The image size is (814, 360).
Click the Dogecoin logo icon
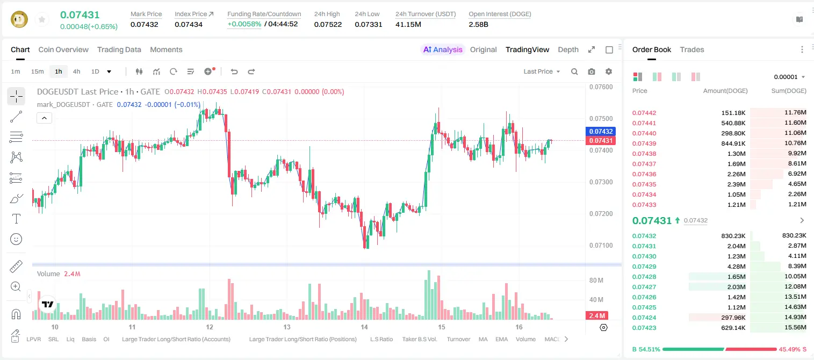click(x=19, y=19)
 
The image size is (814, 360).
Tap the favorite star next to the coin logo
click(x=42, y=20)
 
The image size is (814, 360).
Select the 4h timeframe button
click(x=76, y=71)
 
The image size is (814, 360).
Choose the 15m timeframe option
click(x=38, y=71)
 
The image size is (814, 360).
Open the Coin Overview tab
click(x=63, y=50)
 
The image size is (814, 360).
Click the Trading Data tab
click(x=119, y=50)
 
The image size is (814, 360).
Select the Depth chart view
click(x=568, y=50)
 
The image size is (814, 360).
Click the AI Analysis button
click(x=443, y=50)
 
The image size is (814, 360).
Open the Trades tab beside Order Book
click(x=692, y=50)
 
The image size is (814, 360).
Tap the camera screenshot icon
click(x=592, y=71)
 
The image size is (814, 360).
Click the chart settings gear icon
click(x=609, y=71)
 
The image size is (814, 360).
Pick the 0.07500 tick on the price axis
click(x=601, y=119)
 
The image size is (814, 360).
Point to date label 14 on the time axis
click(x=364, y=327)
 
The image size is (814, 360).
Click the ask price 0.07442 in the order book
click(x=644, y=113)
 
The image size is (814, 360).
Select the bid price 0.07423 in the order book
click(x=644, y=328)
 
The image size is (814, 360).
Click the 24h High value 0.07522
click(x=328, y=24)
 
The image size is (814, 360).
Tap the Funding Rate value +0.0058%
click(x=244, y=24)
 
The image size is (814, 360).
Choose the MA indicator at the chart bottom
click(x=483, y=339)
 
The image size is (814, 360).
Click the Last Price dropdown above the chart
click(x=542, y=71)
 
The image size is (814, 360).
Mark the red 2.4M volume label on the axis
click(x=597, y=316)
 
